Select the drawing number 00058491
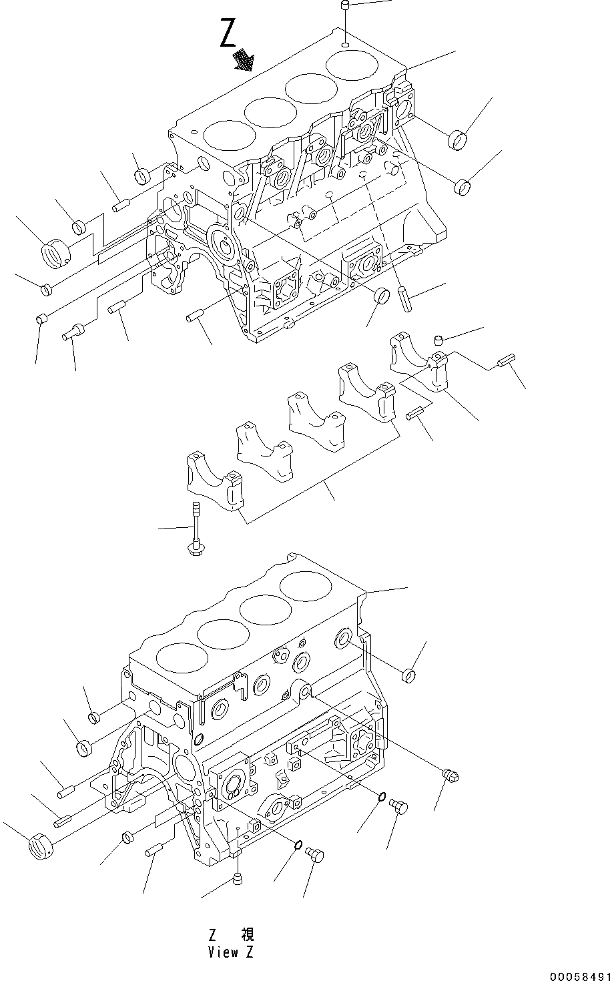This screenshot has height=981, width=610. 579,975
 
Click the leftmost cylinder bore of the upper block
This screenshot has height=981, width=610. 229,135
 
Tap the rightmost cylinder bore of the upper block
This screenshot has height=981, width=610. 352,66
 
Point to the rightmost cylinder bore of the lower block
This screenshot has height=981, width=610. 306,587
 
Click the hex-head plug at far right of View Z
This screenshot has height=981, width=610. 452,776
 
